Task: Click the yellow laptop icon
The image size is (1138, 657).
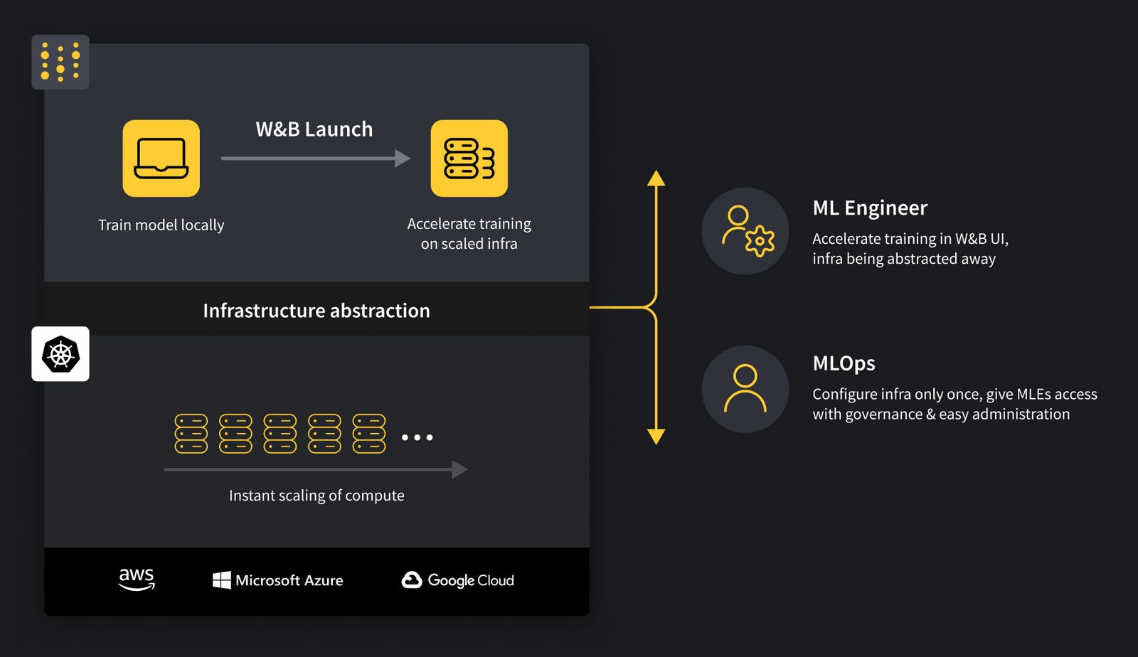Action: (x=161, y=159)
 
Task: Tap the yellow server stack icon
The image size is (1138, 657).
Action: (x=469, y=159)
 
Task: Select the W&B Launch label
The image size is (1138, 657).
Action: (x=314, y=129)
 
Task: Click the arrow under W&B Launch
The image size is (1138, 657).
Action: (x=315, y=159)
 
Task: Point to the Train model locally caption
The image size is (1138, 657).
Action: (x=161, y=225)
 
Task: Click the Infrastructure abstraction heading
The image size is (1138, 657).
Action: (x=317, y=311)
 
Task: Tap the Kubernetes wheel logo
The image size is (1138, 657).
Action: (x=60, y=354)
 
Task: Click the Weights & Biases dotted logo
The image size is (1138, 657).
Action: (x=60, y=62)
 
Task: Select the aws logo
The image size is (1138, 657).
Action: (x=137, y=579)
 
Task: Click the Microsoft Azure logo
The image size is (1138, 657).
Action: (x=277, y=580)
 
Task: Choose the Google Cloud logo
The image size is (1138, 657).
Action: (x=457, y=580)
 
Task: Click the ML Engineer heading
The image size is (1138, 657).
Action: (x=870, y=208)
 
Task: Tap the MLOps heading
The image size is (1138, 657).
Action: (x=844, y=363)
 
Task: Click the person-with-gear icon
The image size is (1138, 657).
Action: (x=745, y=231)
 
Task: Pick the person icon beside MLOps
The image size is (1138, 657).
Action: (x=745, y=389)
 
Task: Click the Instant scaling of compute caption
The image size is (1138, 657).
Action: (x=317, y=496)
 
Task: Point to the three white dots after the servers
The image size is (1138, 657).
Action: (x=417, y=437)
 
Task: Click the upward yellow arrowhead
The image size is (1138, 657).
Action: (x=656, y=178)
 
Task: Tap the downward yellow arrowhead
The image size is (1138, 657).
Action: (x=656, y=436)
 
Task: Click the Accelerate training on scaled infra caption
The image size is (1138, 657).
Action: (x=469, y=234)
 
